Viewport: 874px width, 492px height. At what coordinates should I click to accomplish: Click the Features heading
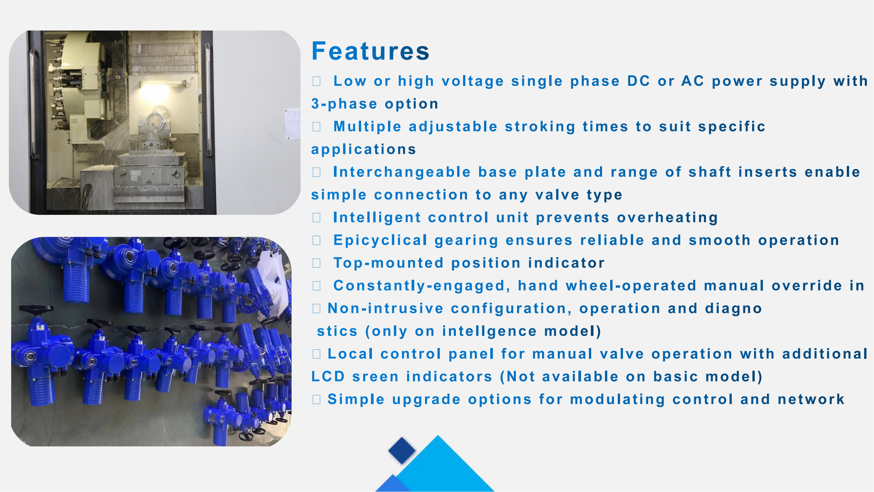[371, 51]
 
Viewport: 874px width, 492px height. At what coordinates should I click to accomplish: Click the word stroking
[540, 127]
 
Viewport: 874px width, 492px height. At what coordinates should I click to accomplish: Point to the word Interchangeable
[402, 172]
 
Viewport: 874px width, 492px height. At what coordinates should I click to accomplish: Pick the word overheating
[667, 218]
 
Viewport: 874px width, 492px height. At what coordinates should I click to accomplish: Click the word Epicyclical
[380, 240]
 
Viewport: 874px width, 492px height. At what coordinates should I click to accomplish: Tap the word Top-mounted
[388, 263]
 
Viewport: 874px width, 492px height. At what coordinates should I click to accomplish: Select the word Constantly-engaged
[422, 286]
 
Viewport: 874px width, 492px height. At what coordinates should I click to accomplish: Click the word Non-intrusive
[386, 309]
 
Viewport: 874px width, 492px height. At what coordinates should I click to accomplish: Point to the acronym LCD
[328, 377]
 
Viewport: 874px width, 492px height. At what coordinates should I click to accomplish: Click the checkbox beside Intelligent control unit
[317, 218]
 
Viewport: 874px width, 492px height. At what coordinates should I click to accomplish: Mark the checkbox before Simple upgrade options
[317, 399]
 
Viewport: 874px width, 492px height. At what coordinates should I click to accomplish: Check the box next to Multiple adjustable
[317, 127]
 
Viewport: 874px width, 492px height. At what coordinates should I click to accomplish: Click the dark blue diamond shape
[402, 451]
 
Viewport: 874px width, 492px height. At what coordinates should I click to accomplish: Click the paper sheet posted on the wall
[293, 124]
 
